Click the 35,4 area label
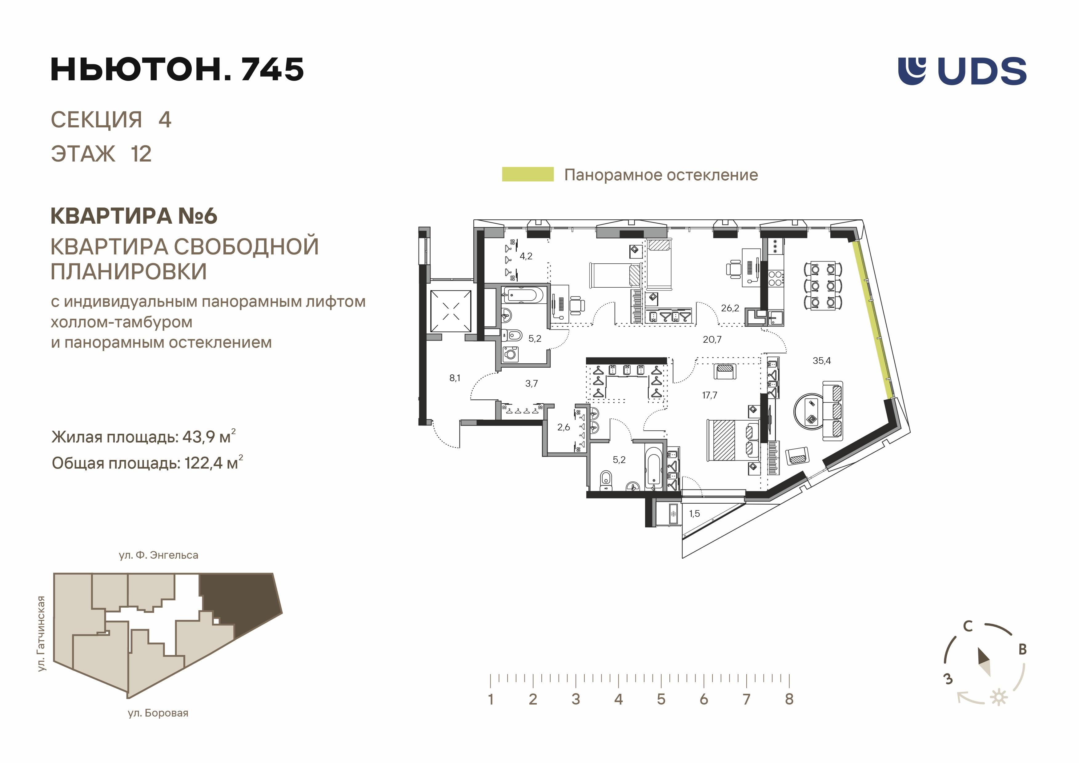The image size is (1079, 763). click(821, 361)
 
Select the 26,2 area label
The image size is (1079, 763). click(730, 308)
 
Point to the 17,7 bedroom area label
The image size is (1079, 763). click(710, 395)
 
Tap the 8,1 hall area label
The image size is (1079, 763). click(455, 378)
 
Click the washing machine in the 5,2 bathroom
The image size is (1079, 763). click(510, 353)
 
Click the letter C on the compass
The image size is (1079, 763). click(967, 626)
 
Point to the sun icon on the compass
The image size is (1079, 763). click(999, 697)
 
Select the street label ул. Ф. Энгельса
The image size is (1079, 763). click(158, 555)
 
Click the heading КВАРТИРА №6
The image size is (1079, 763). click(134, 216)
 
